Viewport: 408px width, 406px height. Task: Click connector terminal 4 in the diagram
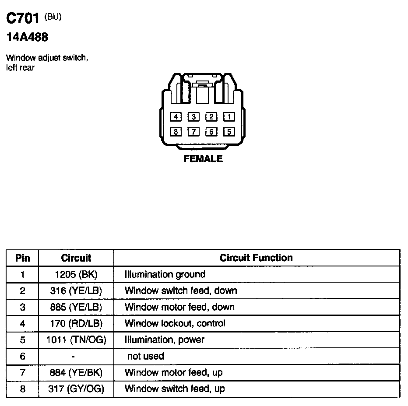coord(176,117)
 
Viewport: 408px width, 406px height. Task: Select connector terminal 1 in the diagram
coord(229,117)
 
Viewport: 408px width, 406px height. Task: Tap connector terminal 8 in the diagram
coord(176,132)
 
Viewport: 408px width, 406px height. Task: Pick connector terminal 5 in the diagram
coord(229,132)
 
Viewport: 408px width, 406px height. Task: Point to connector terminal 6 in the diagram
coord(211,132)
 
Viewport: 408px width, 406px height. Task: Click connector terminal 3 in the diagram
coord(193,117)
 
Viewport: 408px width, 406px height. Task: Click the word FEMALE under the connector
coord(203,159)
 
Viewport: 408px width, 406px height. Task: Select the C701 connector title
coord(23,18)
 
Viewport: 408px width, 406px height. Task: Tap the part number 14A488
coord(27,38)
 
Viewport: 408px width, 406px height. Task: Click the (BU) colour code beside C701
coord(53,17)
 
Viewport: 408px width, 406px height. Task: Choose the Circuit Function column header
coord(256,258)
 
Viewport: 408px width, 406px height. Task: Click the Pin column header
coord(22,258)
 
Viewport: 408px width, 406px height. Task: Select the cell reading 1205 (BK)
coord(76,274)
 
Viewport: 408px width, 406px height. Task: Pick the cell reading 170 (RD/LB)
coord(76,323)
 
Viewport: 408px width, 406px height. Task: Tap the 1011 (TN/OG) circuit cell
coord(76,339)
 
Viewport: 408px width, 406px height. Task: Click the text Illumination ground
coord(165,274)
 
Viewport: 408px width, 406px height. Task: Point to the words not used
coord(145,356)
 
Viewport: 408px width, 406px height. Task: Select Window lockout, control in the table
coord(175,323)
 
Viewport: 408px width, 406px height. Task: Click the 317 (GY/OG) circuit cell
coord(76,388)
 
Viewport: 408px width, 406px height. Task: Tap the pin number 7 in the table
coord(22,372)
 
